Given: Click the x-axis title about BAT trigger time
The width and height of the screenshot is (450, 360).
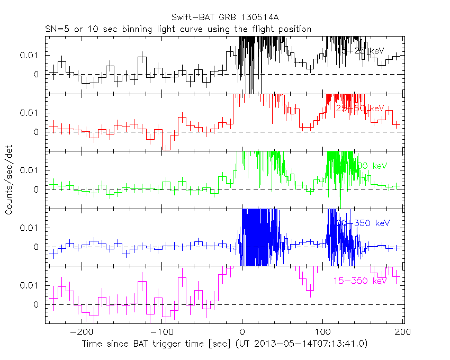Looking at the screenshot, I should click(224, 344).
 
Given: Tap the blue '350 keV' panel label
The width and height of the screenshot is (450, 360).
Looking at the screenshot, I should click(365, 223).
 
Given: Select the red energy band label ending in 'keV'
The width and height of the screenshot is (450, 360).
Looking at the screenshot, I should click(361, 108).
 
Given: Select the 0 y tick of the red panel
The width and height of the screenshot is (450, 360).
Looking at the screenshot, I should click(37, 132).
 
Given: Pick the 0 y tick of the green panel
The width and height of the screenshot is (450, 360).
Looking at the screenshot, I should click(37, 190).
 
